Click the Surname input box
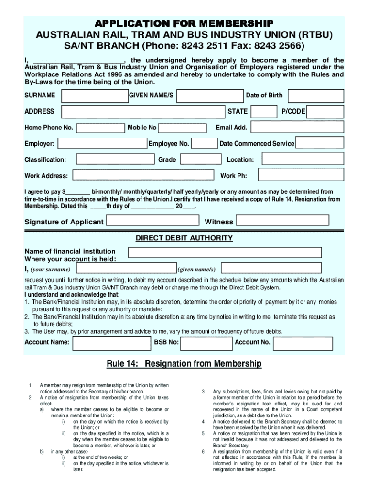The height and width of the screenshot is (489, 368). pyautogui.click(x=94, y=96)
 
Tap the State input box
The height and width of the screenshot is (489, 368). pyautogui.click(x=264, y=112)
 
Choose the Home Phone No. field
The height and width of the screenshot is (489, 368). pyautogui.click(x=100, y=128)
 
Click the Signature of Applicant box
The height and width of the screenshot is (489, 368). pyautogui.click(x=152, y=221)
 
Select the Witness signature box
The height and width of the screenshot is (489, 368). pyautogui.click(x=283, y=220)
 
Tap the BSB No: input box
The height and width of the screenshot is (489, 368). pyautogui.click(x=206, y=342)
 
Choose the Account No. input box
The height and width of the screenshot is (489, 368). pyautogui.click(x=303, y=342)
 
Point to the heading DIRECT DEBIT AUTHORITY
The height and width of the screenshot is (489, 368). pyautogui.click(x=184, y=238)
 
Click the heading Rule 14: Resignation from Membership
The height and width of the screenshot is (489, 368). pyautogui.click(x=184, y=364)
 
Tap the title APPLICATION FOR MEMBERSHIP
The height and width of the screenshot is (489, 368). pyautogui.click(x=184, y=23)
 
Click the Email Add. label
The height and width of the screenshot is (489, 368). pyautogui.click(x=231, y=128)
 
